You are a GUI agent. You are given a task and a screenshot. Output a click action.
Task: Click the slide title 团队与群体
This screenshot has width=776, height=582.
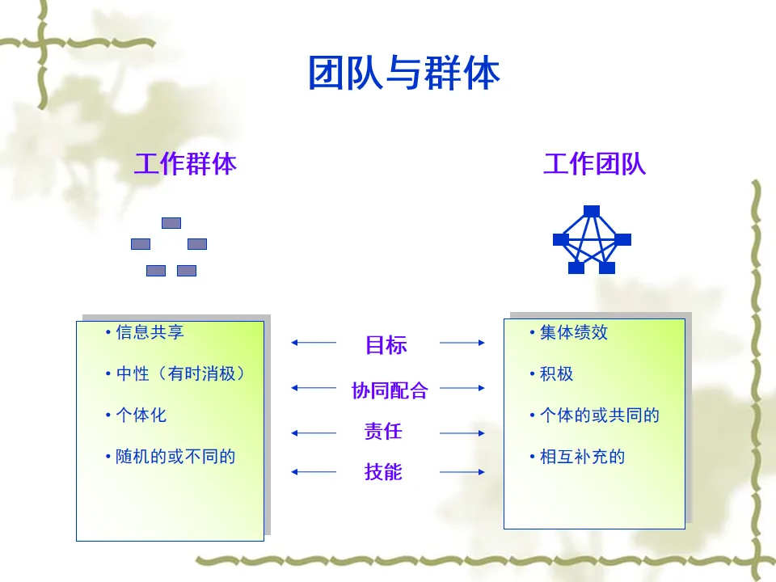click(x=403, y=74)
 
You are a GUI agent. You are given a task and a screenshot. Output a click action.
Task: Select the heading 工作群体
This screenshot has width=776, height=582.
click(x=185, y=164)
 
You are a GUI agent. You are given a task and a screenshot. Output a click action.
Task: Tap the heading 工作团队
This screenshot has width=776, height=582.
click(x=594, y=164)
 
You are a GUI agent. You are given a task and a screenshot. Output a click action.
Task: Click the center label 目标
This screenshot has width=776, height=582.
click(x=386, y=345)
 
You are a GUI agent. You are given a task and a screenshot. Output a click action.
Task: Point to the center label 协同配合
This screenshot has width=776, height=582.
click(x=389, y=390)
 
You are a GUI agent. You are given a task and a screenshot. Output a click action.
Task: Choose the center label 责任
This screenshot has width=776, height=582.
click(x=383, y=431)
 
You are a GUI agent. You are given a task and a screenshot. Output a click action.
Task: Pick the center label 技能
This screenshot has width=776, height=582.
click(x=383, y=471)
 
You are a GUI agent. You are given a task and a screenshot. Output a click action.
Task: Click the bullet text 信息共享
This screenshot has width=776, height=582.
click(x=149, y=331)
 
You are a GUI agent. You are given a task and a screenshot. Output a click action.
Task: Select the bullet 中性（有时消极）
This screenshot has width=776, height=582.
click(x=179, y=373)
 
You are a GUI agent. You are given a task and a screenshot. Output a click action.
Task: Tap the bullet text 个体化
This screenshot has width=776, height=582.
click(x=141, y=415)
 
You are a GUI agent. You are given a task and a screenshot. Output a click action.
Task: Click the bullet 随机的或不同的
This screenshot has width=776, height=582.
click(x=175, y=457)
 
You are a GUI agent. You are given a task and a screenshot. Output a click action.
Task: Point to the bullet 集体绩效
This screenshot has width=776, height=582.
click(x=573, y=332)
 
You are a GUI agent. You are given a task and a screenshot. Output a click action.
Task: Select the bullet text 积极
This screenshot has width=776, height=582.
click(x=556, y=373)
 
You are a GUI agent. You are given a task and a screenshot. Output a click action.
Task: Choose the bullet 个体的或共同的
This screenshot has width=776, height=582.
click(x=599, y=415)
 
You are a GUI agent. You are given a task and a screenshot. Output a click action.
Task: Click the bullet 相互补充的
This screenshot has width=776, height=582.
click(x=582, y=457)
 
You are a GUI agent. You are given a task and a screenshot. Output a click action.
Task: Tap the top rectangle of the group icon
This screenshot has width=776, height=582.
click(x=171, y=223)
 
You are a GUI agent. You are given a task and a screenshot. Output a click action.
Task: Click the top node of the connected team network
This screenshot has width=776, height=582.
click(x=592, y=211)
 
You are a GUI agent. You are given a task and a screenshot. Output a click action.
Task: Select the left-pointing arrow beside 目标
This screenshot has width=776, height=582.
click(x=313, y=343)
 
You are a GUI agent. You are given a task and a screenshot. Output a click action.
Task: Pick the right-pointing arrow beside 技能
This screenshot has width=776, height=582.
click(x=462, y=472)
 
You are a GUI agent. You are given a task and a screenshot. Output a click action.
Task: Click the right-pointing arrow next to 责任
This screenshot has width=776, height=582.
click(x=462, y=433)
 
